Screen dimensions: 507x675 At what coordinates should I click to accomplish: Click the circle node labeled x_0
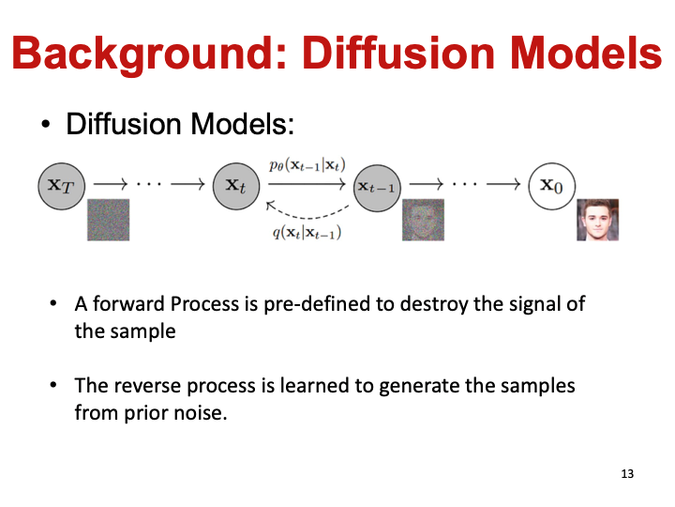point(551,184)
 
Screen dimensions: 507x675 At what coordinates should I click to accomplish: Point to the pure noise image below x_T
point(108,220)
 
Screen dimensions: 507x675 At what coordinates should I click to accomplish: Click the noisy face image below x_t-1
point(423,221)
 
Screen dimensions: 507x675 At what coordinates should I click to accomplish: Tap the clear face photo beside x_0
point(598,220)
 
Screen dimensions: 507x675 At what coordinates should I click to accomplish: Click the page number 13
point(627,474)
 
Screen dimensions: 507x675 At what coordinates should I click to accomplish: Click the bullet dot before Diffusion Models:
point(45,125)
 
